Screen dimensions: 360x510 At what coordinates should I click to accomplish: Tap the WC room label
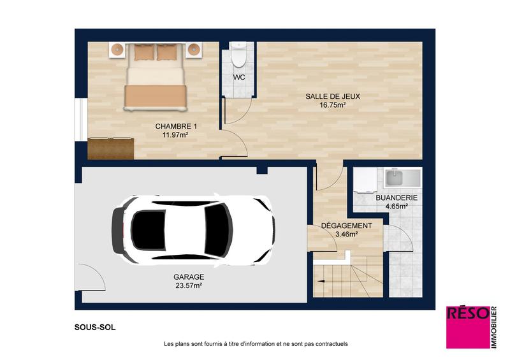point(239,77)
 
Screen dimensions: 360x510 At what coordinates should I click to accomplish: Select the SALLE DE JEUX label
point(333,97)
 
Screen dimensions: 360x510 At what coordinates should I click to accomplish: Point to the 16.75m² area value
point(333,106)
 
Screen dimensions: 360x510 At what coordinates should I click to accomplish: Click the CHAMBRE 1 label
point(176,127)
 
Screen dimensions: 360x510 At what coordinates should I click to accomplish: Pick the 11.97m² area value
point(176,136)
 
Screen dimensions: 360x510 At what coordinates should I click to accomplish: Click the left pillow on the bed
point(143,52)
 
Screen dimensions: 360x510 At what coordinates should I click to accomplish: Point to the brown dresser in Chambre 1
point(111,148)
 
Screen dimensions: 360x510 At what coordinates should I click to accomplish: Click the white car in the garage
point(194,229)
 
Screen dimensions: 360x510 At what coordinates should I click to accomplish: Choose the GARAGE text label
point(189,277)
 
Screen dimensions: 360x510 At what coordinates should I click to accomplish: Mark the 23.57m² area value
point(189,286)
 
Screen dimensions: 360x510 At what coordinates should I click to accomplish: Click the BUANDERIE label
point(397,198)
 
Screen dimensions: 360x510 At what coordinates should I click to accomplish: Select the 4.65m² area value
point(397,207)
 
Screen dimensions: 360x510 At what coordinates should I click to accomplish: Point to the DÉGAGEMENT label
point(346,226)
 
